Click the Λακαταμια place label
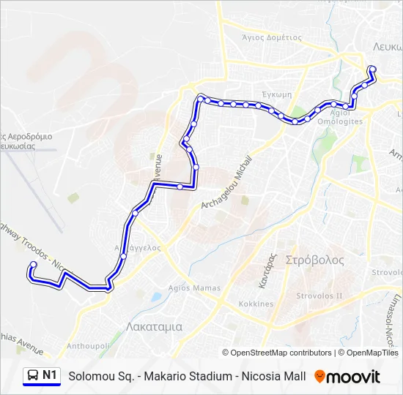(x=154, y=327)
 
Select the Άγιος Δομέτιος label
(x=272, y=37)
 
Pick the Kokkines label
(x=256, y=304)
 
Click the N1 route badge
(x=50, y=376)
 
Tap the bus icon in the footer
(x=33, y=376)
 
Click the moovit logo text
(x=354, y=377)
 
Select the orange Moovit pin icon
(x=319, y=377)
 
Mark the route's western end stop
(x=33, y=265)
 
